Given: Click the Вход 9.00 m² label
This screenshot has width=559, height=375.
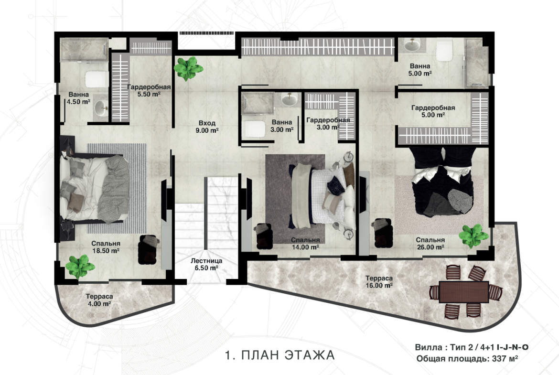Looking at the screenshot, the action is pyautogui.click(x=207, y=127).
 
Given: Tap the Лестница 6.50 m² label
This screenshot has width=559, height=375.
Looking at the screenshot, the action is pyautogui.click(x=206, y=264).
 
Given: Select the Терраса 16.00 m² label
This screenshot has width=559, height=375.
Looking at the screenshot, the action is pyautogui.click(x=379, y=281).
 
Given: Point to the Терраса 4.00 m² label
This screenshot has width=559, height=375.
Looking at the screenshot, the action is pyautogui.click(x=99, y=300).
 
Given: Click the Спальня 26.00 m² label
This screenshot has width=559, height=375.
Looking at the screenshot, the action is pyautogui.click(x=430, y=244).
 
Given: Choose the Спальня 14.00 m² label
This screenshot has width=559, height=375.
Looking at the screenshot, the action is pyautogui.click(x=305, y=244).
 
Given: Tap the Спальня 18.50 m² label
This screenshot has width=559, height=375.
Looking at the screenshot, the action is pyautogui.click(x=106, y=247).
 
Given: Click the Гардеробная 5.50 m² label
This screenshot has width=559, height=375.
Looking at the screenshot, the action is pyautogui.click(x=149, y=91).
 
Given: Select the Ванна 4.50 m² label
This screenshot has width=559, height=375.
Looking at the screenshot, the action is pyautogui.click(x=79, y=98).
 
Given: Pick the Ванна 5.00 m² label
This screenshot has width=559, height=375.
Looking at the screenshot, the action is pyautogui.click(x=420, y=70).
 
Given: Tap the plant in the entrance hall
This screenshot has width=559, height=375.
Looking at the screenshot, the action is pyautogui.click(x=188, y=68).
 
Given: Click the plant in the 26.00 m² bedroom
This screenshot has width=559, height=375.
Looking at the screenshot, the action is pyautogui.click(x=473, y=236).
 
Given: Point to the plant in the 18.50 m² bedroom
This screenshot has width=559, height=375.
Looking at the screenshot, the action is pyautogui.click(x=80, y=266).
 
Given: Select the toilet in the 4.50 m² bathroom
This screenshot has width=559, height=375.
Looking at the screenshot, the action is pyautogui.click(x=96, y=79).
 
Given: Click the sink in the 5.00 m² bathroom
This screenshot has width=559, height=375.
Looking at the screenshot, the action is pyautogui.click(x=412, y=45).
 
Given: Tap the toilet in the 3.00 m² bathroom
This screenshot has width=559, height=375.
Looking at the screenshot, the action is pyautogui.click(x=254, y=129).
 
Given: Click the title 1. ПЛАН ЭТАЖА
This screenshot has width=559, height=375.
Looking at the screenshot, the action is pyautogui.click(x=280, y=354).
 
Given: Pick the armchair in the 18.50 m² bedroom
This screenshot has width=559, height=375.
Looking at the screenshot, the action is pyautogui.click(x=148, y=249).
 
